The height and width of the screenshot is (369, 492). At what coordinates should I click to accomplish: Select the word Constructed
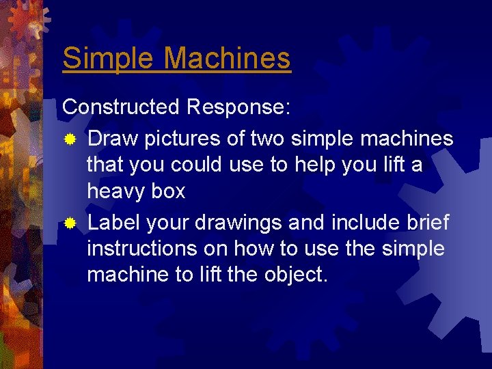[120, 107]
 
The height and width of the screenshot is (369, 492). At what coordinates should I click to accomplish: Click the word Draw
[112, 139]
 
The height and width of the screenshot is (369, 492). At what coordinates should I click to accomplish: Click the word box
[168, 191]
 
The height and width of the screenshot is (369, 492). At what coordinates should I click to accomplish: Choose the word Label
[115, 223]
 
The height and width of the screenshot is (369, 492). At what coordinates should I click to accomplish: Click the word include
[357, 223]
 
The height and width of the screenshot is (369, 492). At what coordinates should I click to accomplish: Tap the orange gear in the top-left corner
[24, 20]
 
